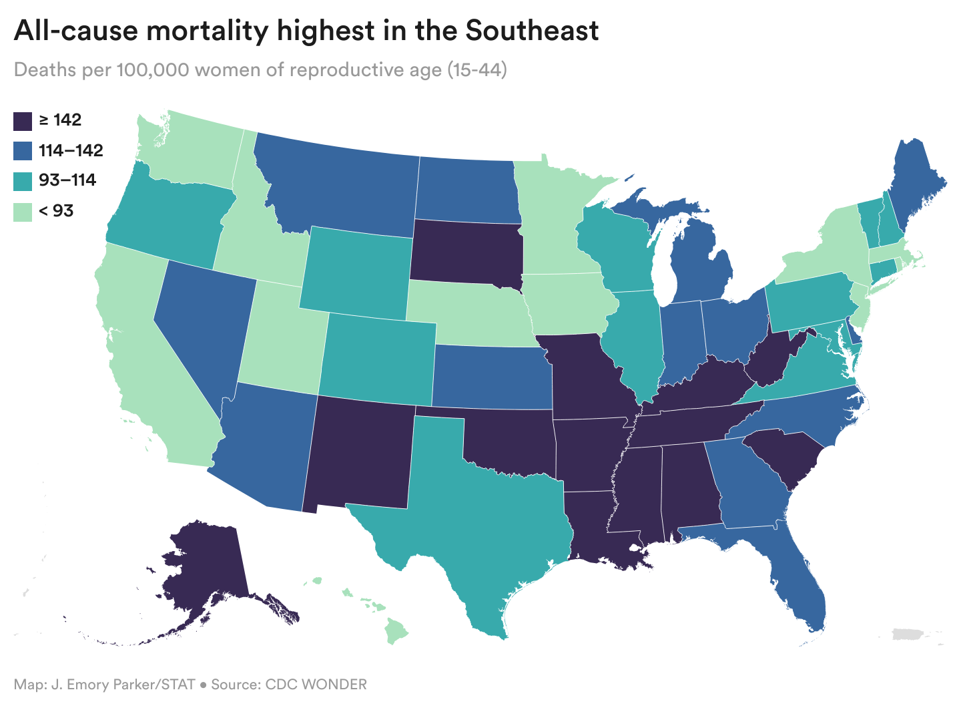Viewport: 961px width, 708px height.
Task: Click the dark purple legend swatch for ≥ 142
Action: pos(24,121)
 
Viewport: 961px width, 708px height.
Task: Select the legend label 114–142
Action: pos(71,150)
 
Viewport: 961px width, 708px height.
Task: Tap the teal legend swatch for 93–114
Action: pos(24,180)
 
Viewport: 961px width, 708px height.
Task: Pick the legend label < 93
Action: pos(56,211)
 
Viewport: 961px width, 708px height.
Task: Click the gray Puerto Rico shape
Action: pos(908,634)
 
